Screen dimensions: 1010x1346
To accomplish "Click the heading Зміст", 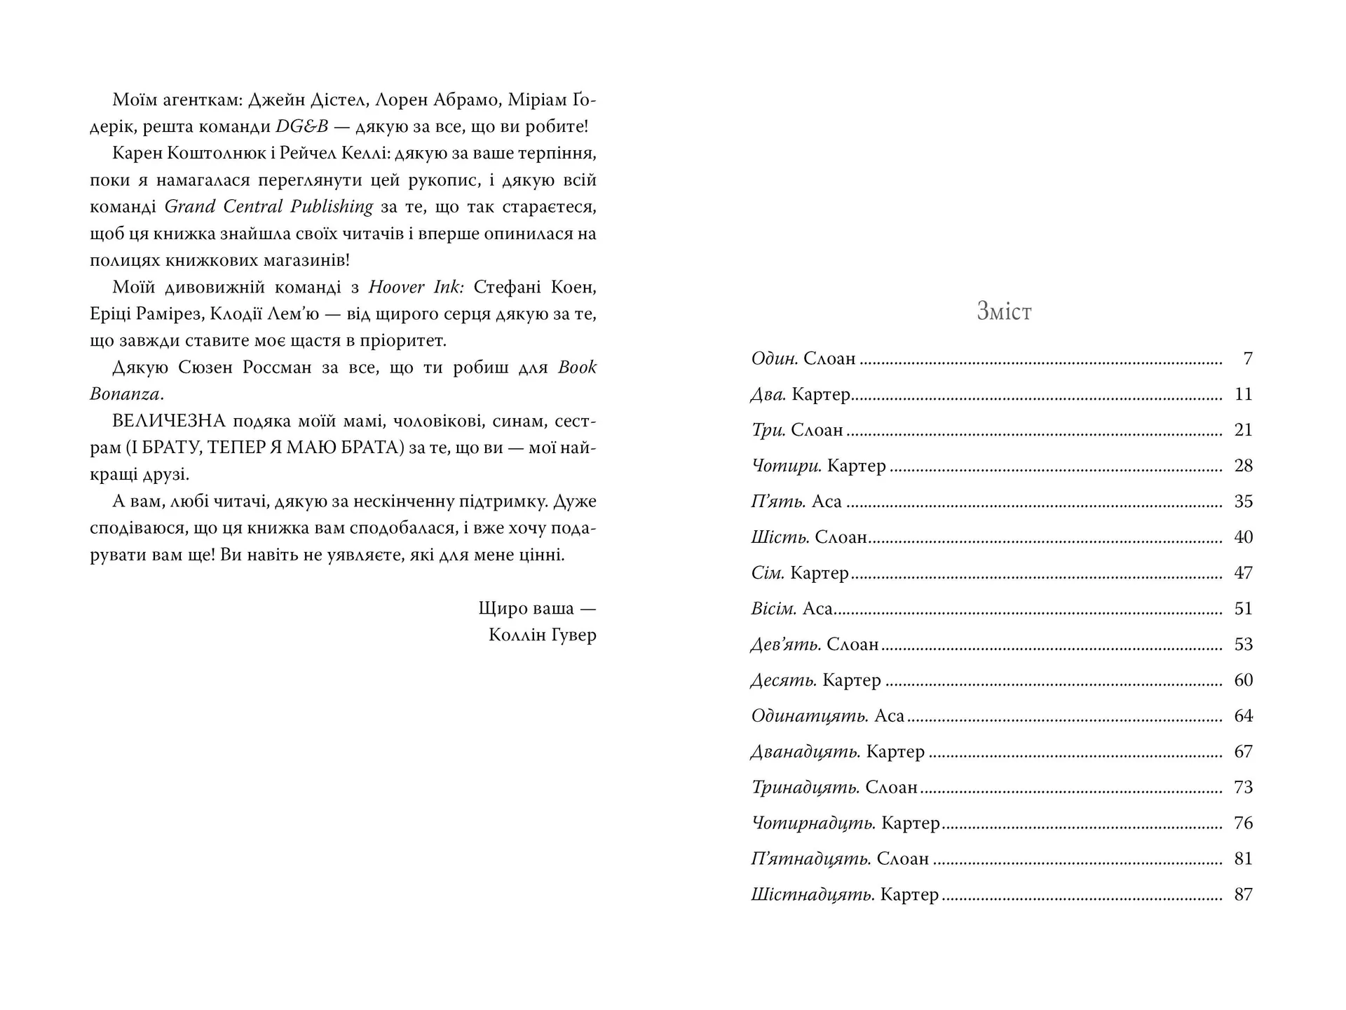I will (1004, 311).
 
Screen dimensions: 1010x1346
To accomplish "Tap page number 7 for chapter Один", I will (1247, 359).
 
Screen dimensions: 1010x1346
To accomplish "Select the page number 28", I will (1243, 466).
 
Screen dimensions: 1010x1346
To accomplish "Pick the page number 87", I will (1243, 895).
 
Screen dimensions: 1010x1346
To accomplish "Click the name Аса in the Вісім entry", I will (817, 609).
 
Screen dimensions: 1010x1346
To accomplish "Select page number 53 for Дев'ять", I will (1243, 645).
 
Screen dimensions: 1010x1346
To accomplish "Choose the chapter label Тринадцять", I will (805, 788).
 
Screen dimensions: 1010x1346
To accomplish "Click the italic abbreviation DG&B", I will (302, 127).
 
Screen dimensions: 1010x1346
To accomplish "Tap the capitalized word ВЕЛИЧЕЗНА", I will (168, 422).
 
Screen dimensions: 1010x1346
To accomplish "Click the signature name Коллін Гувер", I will (543, 635).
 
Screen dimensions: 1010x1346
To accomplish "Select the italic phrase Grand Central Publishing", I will (269, 207).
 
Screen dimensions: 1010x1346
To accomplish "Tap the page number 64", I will (1243, 716).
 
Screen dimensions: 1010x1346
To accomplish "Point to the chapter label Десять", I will (784, 680).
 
